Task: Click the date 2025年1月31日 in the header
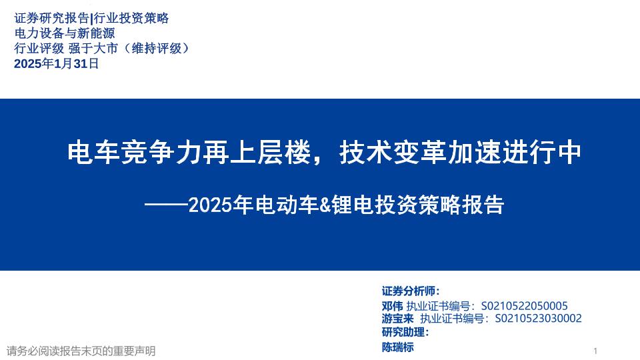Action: coord(57,64)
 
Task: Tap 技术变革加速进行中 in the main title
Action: coord(461,154)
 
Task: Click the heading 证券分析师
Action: coord(409,291)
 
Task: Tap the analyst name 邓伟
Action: coord(392,306)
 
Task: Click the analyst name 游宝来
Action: coord(398,319)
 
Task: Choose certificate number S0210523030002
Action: coord(538,319)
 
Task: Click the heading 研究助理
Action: coord(404,333)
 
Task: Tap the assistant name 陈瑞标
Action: coord(398,347)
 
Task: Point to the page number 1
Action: coord(595,351)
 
